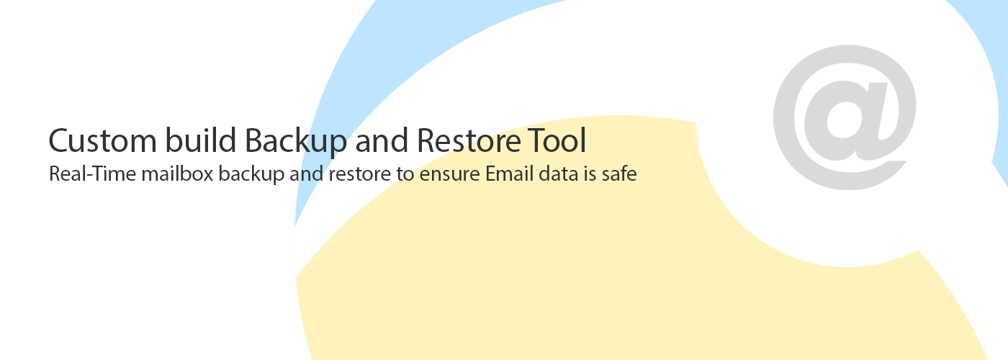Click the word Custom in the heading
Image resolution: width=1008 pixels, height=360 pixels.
102,140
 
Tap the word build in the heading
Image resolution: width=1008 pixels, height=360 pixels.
201,140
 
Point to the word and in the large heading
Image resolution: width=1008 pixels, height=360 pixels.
382,140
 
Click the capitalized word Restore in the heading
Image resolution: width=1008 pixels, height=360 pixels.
469,140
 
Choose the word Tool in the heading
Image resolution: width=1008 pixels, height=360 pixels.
557,140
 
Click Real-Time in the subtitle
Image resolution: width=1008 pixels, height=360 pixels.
92,174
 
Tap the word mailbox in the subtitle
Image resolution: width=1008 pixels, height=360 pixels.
177,174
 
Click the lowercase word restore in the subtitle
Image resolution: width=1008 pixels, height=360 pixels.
359,174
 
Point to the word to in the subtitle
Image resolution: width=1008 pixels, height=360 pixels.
405,174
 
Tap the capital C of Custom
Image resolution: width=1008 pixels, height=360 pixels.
58,140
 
